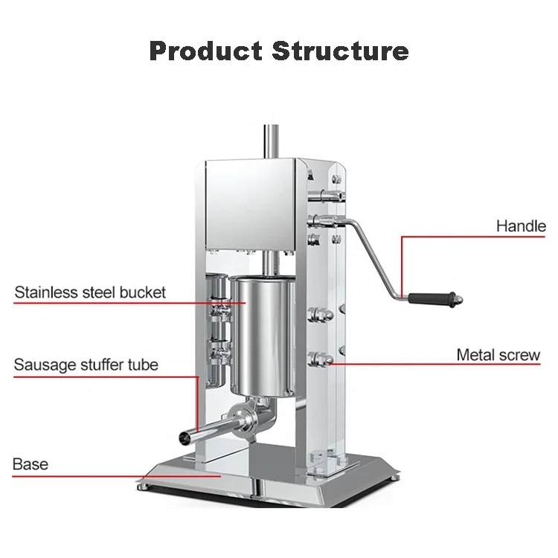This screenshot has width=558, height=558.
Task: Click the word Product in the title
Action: (205, 51)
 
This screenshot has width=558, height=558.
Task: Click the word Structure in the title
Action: (340, 51)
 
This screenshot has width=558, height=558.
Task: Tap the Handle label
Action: (521, 226)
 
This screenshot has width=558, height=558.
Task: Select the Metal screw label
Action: (498, 355)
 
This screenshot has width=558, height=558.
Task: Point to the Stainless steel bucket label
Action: (90, 292)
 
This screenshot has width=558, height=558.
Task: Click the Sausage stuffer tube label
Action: (86, 365)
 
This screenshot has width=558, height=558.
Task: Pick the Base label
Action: (31, 464)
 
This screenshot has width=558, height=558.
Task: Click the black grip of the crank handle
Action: (435, 298)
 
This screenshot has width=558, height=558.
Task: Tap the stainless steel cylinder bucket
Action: (264, 335)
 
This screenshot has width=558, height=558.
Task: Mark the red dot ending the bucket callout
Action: (244, 303)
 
